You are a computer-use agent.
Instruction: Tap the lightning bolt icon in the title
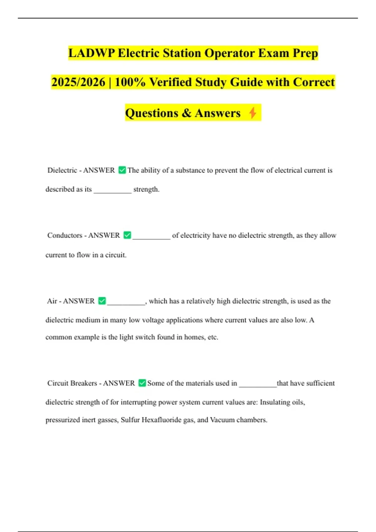253,113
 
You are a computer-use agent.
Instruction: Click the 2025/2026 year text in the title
78,82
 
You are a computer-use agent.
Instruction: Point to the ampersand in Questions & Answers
186,113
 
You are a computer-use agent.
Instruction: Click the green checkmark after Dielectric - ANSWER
122,170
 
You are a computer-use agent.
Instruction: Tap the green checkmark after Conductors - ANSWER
127,235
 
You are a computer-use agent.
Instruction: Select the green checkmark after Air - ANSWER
102,301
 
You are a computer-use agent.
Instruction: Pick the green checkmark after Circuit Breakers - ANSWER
142,383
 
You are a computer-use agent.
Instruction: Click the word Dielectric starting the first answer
62,170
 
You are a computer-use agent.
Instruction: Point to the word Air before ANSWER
52,301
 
